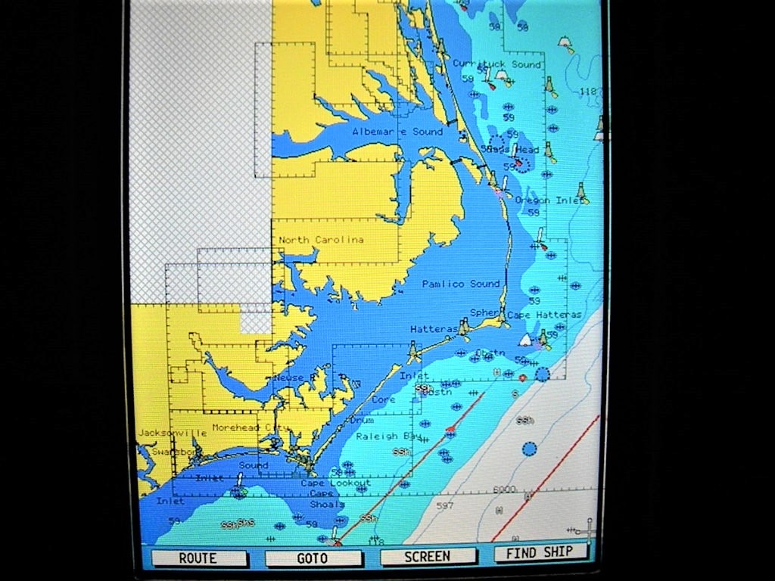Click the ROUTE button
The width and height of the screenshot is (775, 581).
(198, 558)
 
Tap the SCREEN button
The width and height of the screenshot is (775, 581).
(428, 556)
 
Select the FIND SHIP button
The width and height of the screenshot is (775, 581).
(540, 553)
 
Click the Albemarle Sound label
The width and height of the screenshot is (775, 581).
(397, 132)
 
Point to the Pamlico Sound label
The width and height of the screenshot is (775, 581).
(461, 284)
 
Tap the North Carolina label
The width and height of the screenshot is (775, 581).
(321, 240)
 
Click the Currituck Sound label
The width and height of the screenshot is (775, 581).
(496, 64)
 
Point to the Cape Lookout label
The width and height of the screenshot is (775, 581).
(335, 483)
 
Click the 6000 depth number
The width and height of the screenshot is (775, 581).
(505, 489)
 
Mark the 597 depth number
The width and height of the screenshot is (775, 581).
(444, 506)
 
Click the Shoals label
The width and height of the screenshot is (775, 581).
(327, 504)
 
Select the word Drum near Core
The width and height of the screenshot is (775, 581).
(361, 420)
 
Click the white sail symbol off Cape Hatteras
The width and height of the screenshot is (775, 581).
(525, 340)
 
